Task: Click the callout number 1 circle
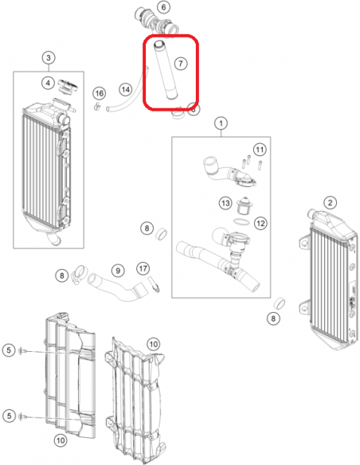221,123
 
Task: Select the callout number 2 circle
330,203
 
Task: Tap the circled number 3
49,57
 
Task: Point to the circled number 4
48,83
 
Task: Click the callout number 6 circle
163,6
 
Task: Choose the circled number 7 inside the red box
181,63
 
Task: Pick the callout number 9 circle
118,271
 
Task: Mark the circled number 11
260,150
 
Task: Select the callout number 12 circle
260,223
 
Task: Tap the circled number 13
225,203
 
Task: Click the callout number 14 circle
126,89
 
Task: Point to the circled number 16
99,93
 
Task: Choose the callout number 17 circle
143,268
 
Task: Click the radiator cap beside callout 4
68,85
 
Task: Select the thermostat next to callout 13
243,205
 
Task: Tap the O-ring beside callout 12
241,221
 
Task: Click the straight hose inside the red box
166,70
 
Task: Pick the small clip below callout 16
97,106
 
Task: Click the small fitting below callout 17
155,284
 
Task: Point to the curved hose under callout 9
118,287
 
